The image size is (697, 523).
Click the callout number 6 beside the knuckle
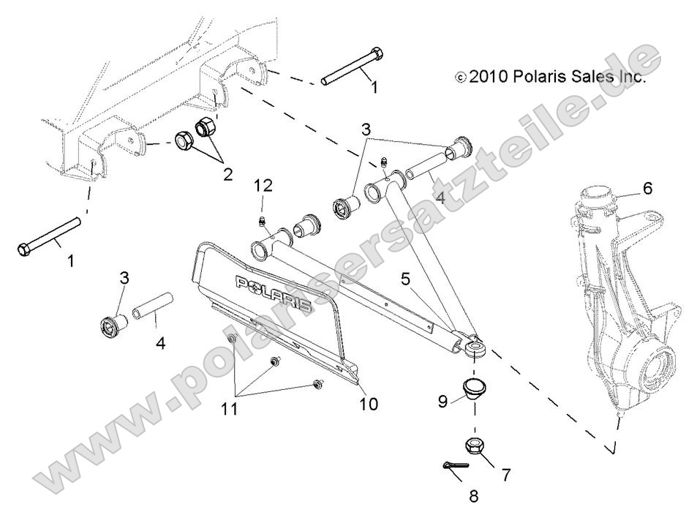(647, 188)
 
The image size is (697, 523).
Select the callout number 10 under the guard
(369, 403)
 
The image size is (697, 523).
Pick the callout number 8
(473, 497)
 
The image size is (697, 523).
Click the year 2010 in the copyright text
(489, 76)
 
